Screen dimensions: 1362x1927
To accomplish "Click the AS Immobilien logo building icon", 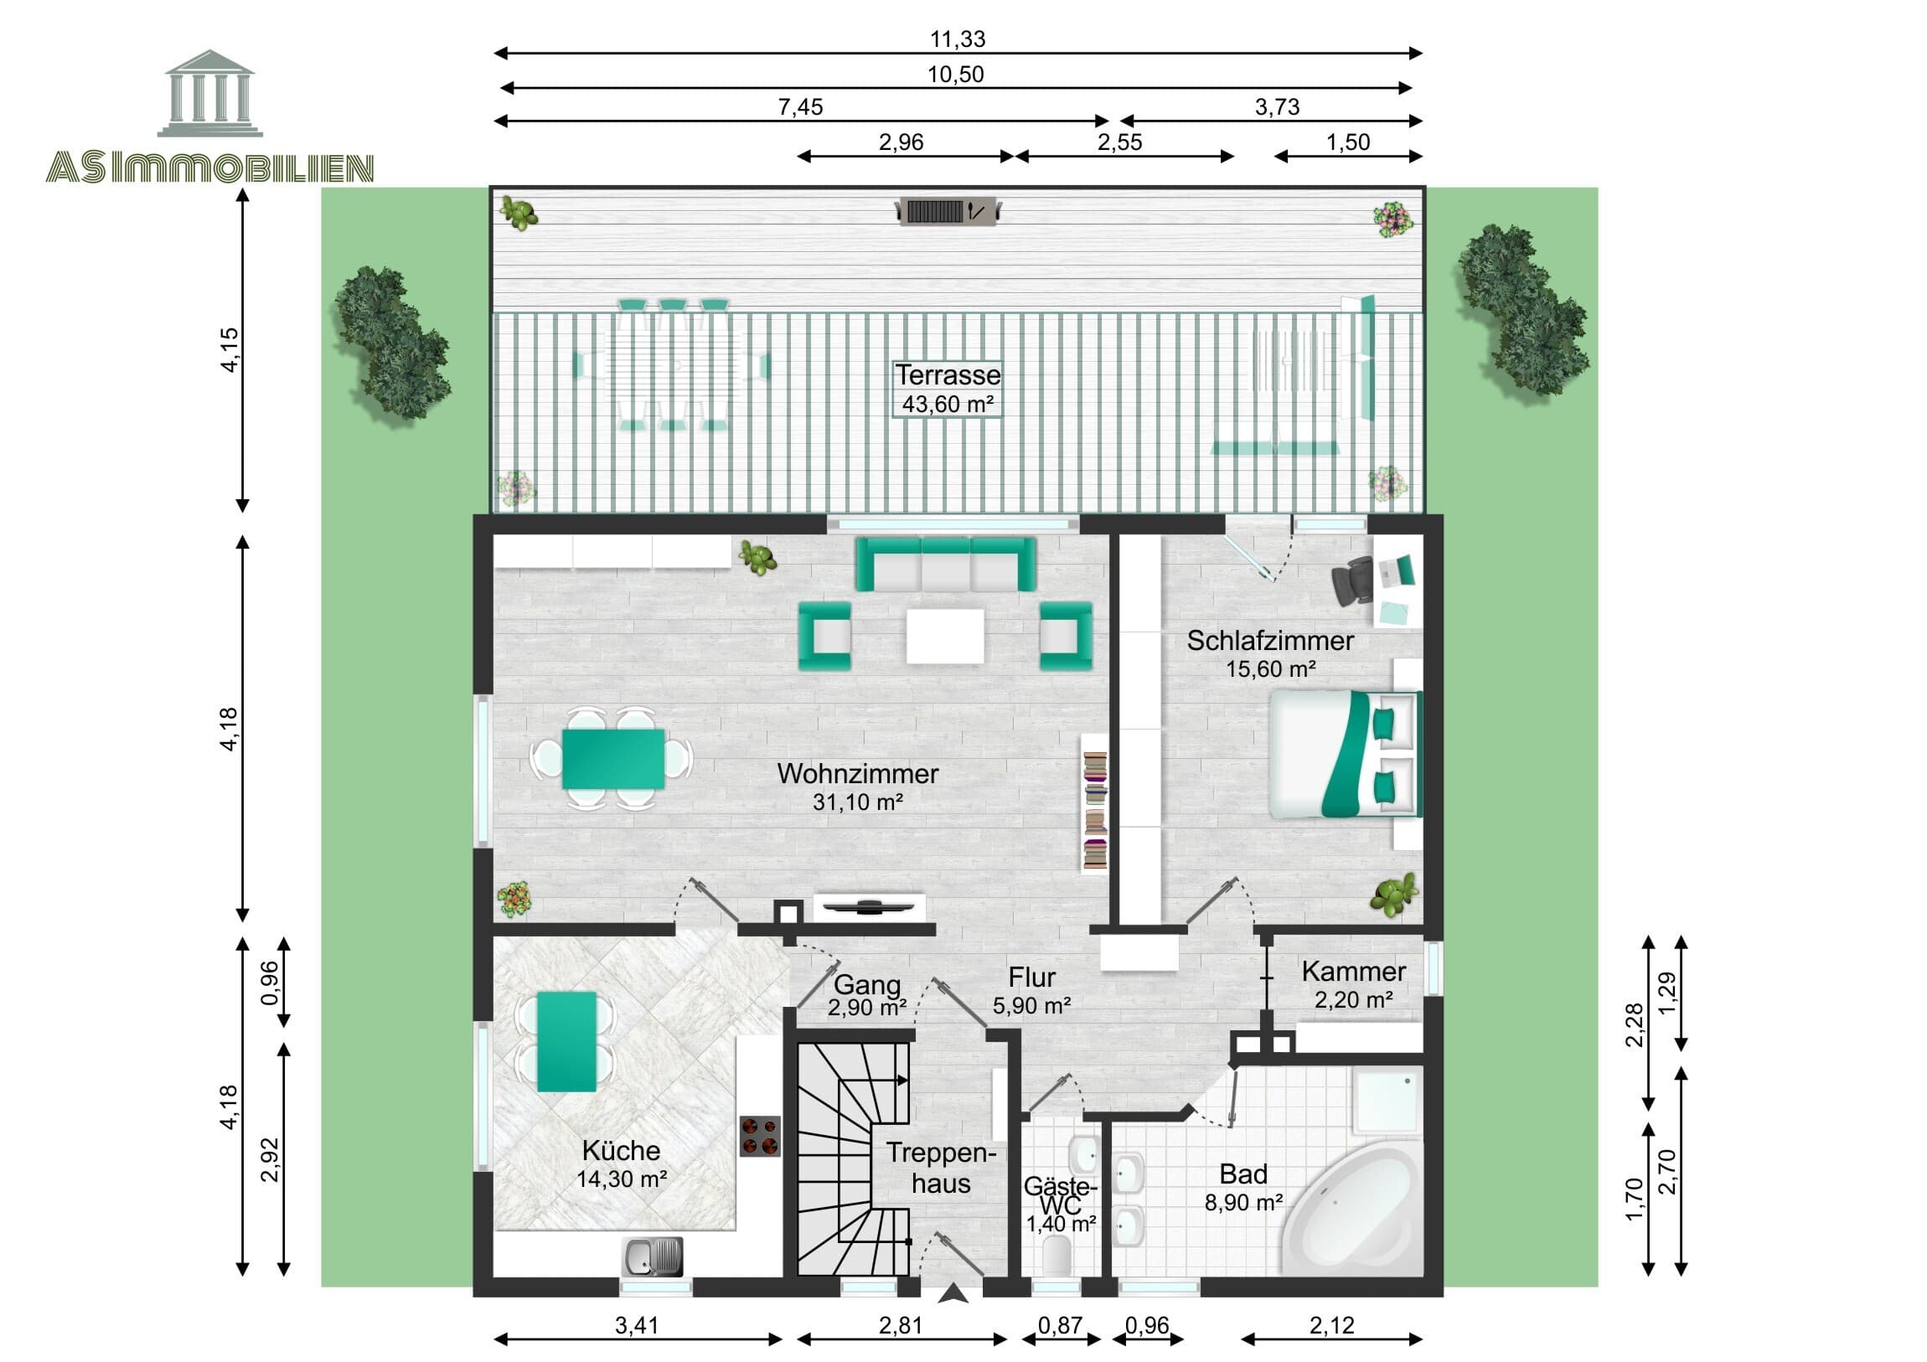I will (x=209, y=93).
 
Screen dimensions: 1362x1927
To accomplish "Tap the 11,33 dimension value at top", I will (x=957, y=39).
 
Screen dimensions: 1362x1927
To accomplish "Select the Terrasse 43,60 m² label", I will (x=948, y=389).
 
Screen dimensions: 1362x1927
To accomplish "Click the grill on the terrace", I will (x=948, y=210).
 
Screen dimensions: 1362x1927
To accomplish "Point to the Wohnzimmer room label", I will (x=857, y=774).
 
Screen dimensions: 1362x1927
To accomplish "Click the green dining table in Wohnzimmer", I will (x=612, y=759).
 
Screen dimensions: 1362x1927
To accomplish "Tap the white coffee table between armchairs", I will (x=945, y=636).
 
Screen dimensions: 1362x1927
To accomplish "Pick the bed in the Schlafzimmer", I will (x=1343, y=754).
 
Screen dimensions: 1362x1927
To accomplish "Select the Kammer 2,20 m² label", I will (x=1353, y=984).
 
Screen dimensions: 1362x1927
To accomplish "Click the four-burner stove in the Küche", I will (x=760, y=1137).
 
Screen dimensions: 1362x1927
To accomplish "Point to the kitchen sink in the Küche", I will (x=651, y=1256).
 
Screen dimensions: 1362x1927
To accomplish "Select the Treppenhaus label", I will (x=940, y=1168).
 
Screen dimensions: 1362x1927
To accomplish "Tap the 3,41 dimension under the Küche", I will (x=637, y=1326).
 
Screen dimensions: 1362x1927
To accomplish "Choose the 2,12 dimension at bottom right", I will (x=1331, y=1326).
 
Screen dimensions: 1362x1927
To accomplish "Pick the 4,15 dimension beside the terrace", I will (x=229, y=349).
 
